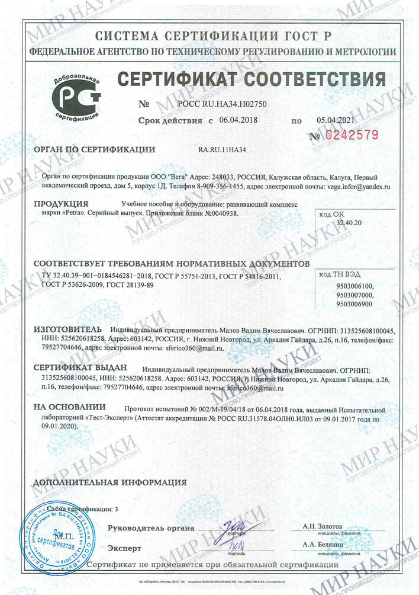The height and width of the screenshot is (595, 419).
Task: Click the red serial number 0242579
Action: coord(352,135)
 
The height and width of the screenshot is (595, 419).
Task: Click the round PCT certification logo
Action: coord(76,98)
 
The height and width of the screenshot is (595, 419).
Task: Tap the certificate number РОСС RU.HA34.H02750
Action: coord(222,104)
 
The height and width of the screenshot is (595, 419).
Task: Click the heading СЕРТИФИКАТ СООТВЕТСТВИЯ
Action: coord(252,79)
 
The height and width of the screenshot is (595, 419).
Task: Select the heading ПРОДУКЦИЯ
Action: coord(60,204)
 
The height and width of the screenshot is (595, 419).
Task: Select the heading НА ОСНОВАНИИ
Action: coord(69,408)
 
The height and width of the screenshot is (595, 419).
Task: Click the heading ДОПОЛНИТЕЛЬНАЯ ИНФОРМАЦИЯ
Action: coord(101,482)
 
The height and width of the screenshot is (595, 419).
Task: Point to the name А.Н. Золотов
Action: coord(322,526)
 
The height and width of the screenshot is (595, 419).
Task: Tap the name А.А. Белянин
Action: coord(322,544)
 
